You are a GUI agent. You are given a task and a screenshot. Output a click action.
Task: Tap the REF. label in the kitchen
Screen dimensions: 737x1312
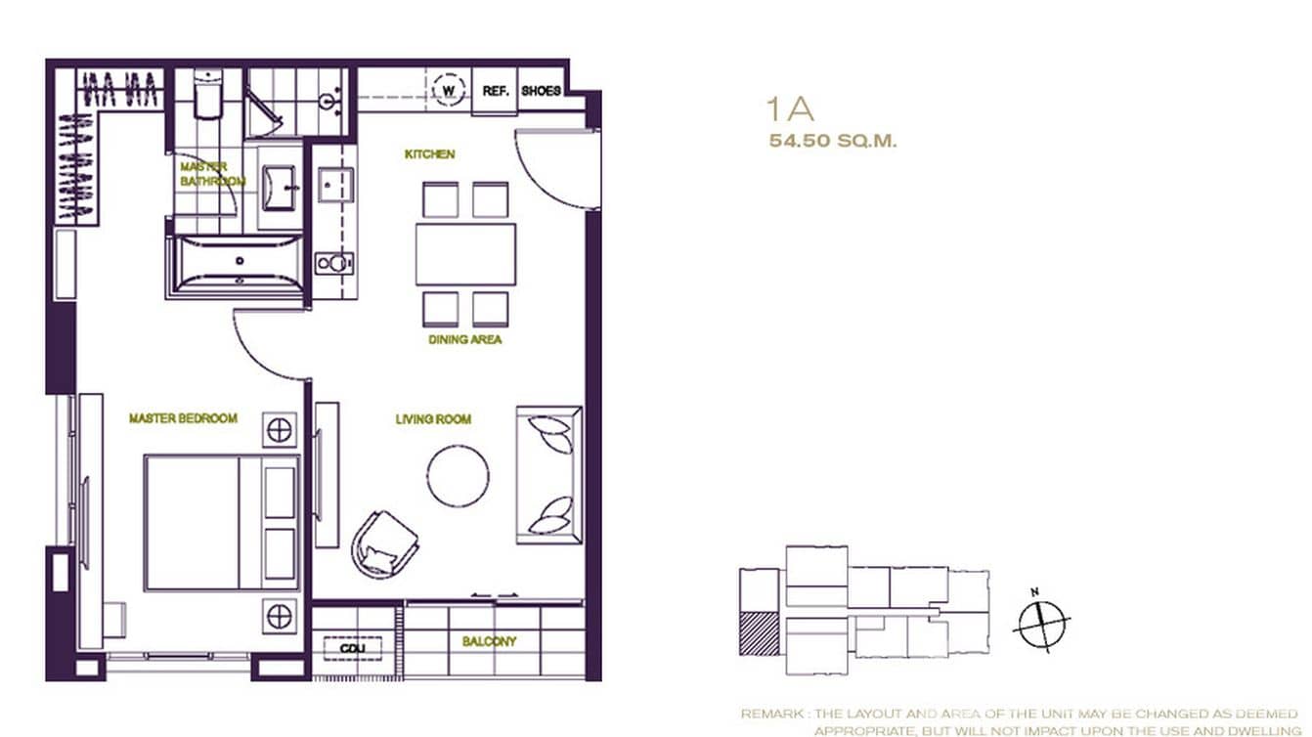496,91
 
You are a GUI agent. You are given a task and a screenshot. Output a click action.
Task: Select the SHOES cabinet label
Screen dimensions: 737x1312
541,91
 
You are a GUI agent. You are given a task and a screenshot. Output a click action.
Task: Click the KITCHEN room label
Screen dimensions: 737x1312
430,154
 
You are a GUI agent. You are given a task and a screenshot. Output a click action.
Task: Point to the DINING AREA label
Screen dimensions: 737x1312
465,340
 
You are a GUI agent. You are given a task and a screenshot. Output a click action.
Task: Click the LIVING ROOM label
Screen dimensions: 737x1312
433,419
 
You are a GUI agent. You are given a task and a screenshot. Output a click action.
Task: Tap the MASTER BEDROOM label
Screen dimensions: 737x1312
183,418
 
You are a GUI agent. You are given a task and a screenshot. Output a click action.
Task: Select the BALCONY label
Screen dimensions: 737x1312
489,642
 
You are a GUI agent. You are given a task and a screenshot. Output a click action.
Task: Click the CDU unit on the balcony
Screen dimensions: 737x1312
352,648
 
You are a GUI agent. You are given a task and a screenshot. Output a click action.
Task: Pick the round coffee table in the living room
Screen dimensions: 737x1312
458,476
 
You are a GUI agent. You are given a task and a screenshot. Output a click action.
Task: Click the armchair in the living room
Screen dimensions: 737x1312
384,542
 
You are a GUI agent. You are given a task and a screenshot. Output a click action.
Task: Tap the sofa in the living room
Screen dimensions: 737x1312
549,474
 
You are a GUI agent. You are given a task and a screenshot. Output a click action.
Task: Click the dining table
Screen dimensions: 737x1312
465,254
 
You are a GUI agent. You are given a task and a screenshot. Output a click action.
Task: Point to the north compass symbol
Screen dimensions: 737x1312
1042,622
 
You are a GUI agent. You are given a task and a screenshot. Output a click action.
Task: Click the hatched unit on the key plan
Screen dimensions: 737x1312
760,632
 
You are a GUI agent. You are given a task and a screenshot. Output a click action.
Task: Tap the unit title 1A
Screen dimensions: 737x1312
791,108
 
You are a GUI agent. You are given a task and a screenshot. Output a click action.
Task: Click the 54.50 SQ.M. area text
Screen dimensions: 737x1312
833,141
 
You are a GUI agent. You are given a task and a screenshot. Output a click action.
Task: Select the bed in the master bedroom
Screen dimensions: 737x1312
222,522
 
